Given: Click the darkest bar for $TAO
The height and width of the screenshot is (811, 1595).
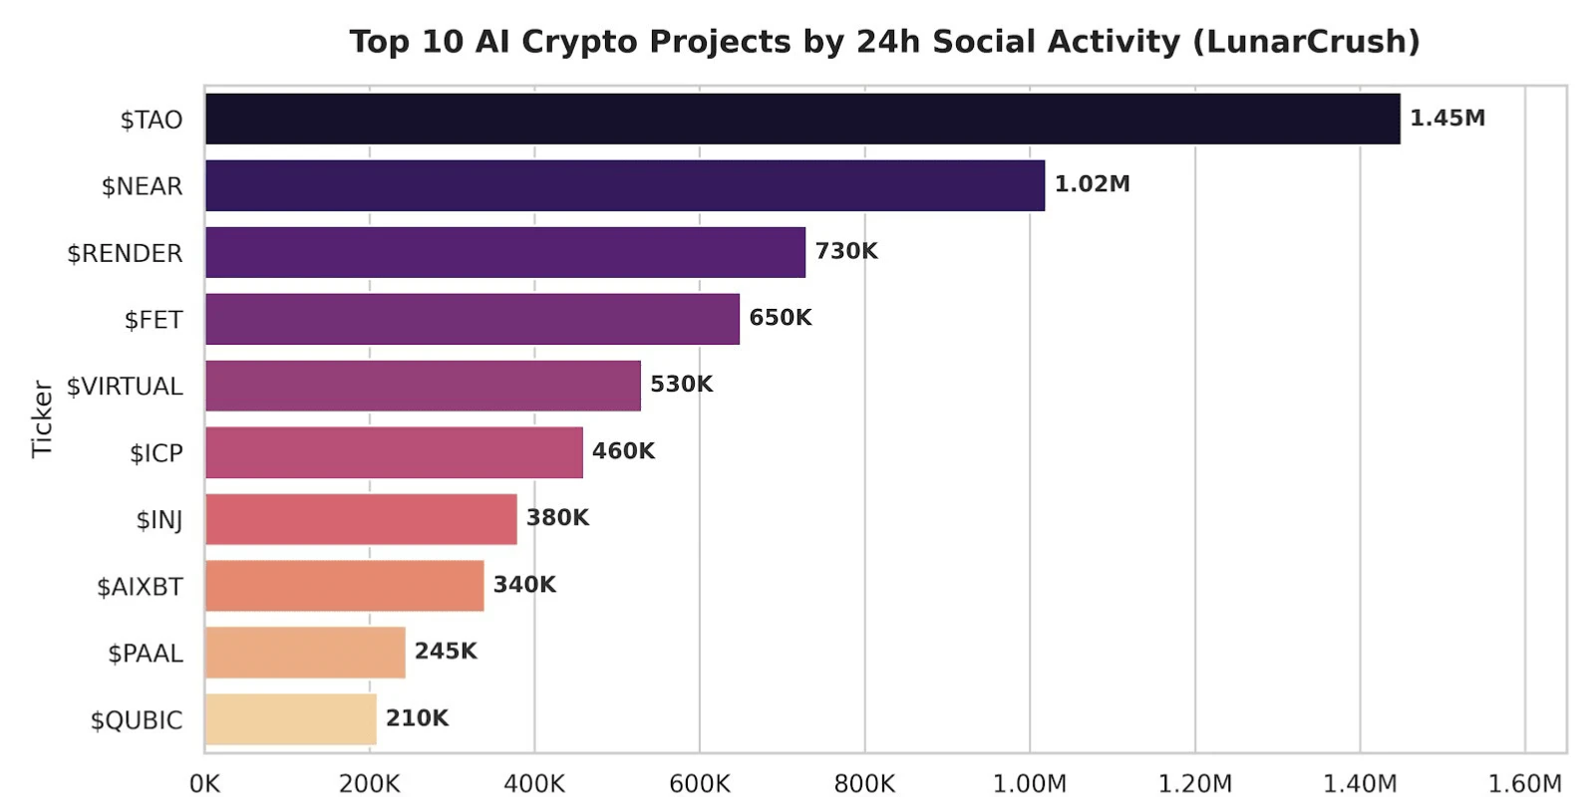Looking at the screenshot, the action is pyautogui.click(x=802, y=119).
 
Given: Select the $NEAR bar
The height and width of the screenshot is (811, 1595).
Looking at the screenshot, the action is pyautogui.click(x=625, y=185).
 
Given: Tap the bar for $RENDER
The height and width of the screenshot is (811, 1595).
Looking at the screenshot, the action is pyautogui.click(x=505, y=252).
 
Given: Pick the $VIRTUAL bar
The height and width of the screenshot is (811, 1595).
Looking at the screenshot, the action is pyautogui.click(x=423, y=386).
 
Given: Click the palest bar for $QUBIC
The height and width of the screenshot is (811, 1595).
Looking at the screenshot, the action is pyautogui.click(x=290, y=719).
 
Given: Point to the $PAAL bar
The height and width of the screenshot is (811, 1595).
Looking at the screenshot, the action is pyautogui.click(x=305, y=653).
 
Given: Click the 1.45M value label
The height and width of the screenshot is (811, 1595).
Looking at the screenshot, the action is pyautogui.click(x=1447, y=119).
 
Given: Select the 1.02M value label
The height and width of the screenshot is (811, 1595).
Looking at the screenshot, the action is pyautogui.click(x=1093, y=184).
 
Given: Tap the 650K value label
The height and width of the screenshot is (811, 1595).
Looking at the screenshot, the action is pyautogui.click(x=781, y=317).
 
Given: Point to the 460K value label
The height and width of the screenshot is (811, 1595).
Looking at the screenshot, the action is pyautogui.click(x=624, y=451).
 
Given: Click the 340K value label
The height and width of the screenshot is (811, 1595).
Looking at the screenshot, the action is pyautogui.click(x=524, y=585).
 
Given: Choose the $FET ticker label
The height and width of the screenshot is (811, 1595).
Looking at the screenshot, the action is pyautogui.click(x=154, y=320).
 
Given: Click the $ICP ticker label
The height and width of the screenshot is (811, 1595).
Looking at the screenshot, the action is pyautogui.click(x=157, y=453).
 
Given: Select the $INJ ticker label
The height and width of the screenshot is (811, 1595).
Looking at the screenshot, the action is pyautogui.click(x=159, y=520).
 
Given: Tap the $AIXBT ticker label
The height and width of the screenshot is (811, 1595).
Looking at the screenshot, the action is pyautogui.click(x=141, y=587).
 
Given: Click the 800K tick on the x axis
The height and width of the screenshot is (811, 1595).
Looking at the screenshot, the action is pyautogui.click(x=864, y=784).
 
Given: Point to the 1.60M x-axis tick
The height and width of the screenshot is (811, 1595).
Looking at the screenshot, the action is pyautogui.click(x=1525, y=784).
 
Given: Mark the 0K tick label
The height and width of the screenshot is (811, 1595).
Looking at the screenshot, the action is pyautogui.click(x=205, y=784).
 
